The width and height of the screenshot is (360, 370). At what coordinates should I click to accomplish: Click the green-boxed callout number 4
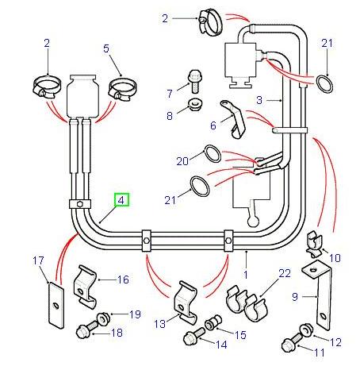pyautogui.click(x=121, y=201)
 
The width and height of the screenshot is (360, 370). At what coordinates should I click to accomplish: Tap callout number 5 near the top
pyautogui.click(x=106, y=48)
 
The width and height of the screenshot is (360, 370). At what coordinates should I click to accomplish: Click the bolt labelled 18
pyautogui.click(x=85, y=331)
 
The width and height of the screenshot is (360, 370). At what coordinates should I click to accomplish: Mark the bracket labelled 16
pyautogui.click(x=86, y=286)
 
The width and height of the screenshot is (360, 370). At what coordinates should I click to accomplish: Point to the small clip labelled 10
pyautogui.click(x=315, y=241)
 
